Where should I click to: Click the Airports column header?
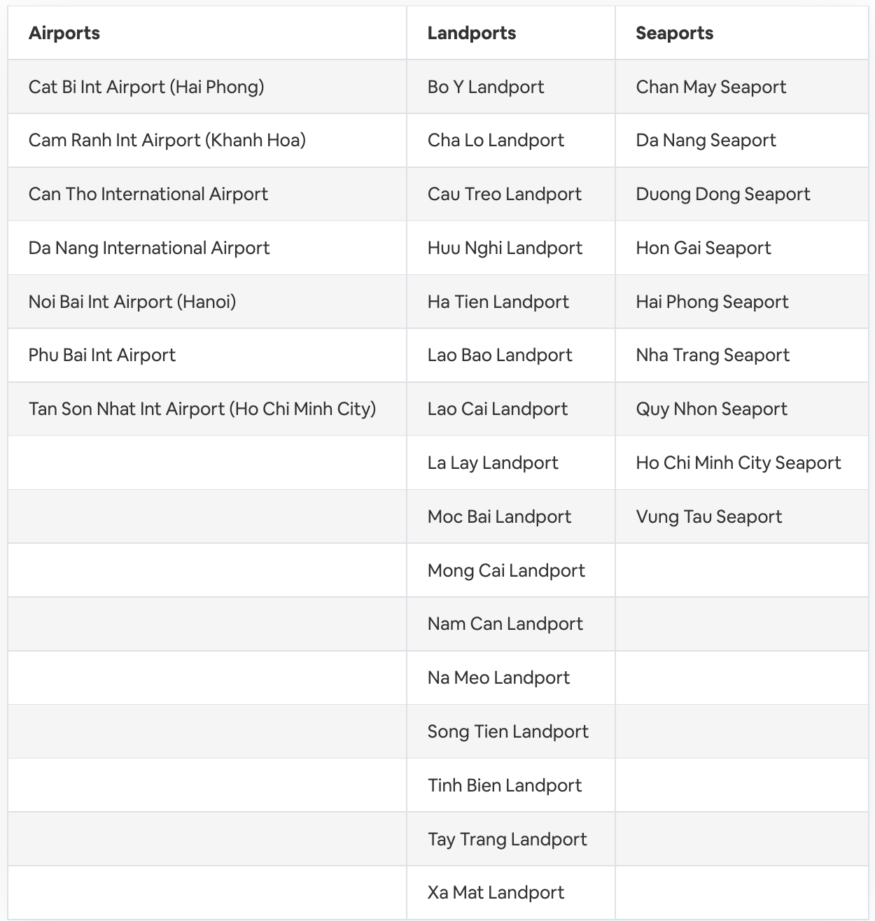pyautogui.click(x=64, y=33)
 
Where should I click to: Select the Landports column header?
pyautogui.click(x=471, y=33)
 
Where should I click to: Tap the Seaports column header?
pyautogui.click(x=674, y=33)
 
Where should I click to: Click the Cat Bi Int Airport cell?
pyautogui.click(x=146, y=87)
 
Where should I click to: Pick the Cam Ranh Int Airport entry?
pyautogui.click(x=167, y=140)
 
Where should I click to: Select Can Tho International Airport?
pyautogui.click(x=148, y=194)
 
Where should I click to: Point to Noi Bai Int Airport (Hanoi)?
pyautogui.click(x=132, y=302)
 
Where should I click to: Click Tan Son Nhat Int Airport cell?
pyautogui.click(x=202, y=409)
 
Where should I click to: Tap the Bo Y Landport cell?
pyautogui.click(x=485, y=87)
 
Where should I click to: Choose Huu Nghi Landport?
pyautogui.click(x=505, y=248)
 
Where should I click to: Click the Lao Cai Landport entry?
pyautogui.click(x=497, y=409)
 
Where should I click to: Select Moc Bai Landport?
pyautogui.click(x=499, y=516)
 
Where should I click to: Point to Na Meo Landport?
pyautogui.click(x=498, y=677)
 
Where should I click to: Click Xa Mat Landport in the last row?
pyautogui.click(x=496, y=892)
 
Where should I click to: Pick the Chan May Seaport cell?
pyautogui.click(x=710, y=87)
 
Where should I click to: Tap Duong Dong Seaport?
pyautogui.click(x=722, y=194)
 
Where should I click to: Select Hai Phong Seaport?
pyautogui.click(x=712, y=302)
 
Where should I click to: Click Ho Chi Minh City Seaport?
pyautogui.click(x=738, y=463)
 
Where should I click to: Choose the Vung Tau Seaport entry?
pyautogui.click(x=708, y=516)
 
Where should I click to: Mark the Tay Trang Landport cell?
pyautogui.click(x=507, y=839)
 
